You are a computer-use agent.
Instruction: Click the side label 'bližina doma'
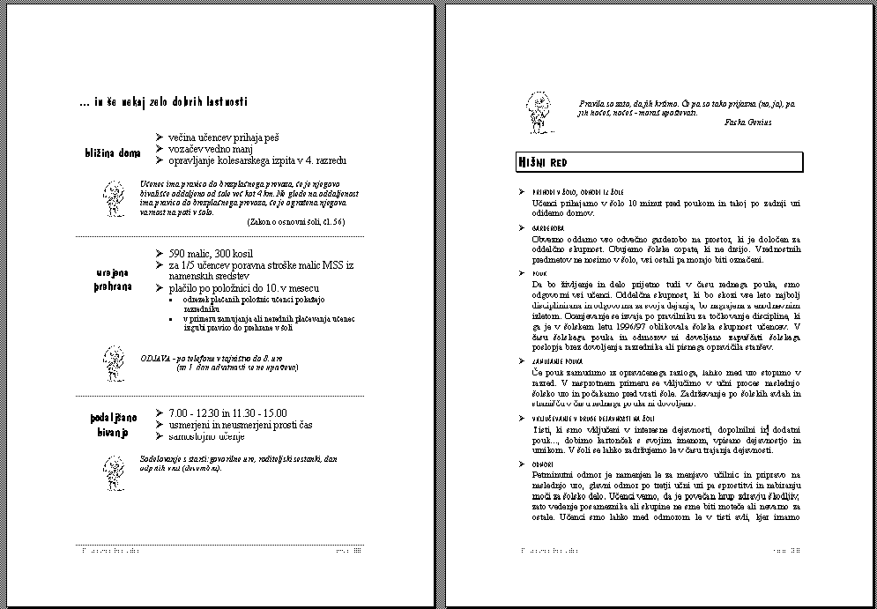click(x=112, y=153)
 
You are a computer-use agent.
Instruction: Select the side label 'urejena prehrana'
click(x=112, y=280)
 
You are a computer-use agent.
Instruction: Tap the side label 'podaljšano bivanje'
click(x=112, y=424)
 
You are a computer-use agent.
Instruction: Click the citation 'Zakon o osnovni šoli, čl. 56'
click(x=296, y=222)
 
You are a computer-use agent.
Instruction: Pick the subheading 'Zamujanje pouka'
click(x=558, y=361)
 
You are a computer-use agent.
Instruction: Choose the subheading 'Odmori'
click(x=544, y=464)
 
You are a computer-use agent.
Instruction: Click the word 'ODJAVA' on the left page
click(x=155, y=359)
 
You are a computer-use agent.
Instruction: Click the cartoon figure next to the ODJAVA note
click(x=112, y=360)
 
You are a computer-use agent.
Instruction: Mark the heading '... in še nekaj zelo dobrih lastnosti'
click(x=163, y=103)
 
